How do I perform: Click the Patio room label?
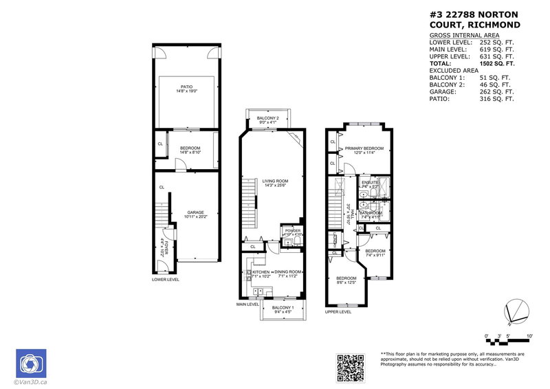click(x=186, y=87)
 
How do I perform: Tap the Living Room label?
click(x=273, y=181)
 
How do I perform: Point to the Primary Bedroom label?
click(x=364, y=148)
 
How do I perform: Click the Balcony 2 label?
click(x=267, y=118)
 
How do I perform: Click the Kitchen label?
click(x=261, y=273)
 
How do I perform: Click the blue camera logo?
click(x=30, y=363)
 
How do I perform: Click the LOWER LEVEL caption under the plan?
click(x=166, y=280)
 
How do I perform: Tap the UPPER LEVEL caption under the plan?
click(x=338, y=311)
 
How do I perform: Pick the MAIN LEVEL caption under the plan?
click(x=247, y=304)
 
